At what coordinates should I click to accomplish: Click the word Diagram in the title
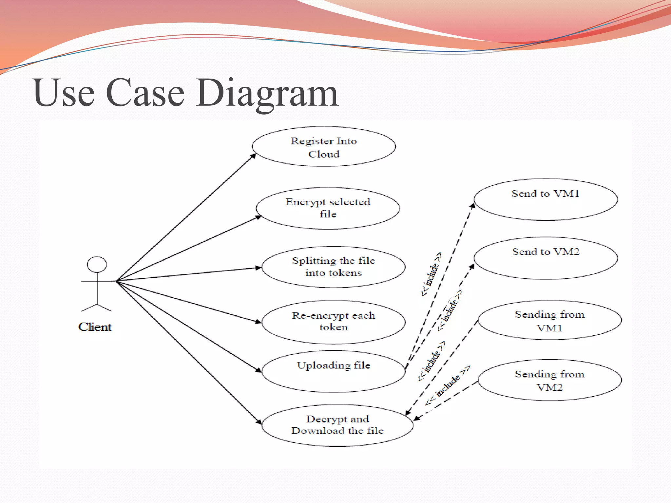[267, 93]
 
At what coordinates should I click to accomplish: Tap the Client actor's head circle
[97, 264]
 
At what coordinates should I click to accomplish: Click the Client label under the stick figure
[95, 327]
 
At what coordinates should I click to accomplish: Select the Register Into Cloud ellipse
[324, 147]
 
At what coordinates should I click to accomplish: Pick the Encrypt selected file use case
[328, 208]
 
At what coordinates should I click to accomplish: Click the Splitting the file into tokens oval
[333, 267]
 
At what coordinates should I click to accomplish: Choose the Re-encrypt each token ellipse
[333, 322]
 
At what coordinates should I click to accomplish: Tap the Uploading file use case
[333, 371]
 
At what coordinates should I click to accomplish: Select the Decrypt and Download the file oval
[337, 425]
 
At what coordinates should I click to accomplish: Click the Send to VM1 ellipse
[546, 199]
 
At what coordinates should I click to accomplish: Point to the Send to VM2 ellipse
[546, 258]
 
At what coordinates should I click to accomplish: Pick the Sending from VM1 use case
[549, 320]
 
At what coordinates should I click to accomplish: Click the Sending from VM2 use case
[549, 380]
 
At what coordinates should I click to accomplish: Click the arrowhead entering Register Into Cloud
[253, 156]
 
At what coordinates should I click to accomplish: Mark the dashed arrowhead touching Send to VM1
[472, 206]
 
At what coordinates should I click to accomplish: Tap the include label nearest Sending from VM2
[448, 385]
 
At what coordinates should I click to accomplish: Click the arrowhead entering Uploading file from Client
[259, 370]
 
